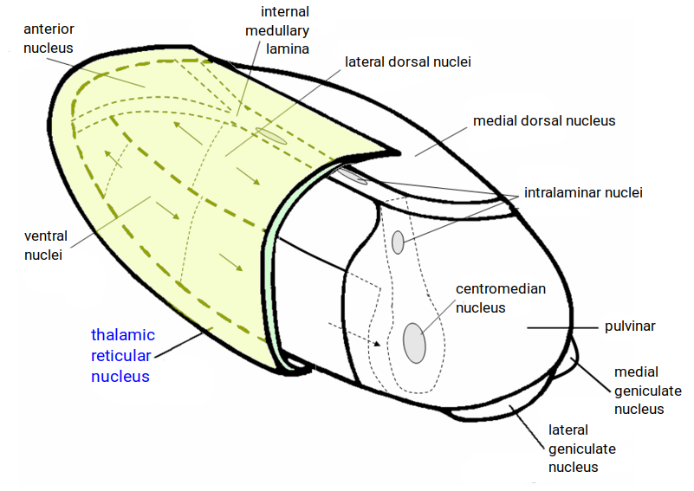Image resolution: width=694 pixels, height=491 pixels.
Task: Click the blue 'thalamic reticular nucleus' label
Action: coord(123,355)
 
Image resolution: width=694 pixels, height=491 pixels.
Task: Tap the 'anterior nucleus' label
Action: coord(49,38)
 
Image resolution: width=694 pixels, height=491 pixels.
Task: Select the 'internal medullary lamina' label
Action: coord(277,30)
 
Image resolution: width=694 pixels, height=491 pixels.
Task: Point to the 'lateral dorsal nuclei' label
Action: coord(407,62)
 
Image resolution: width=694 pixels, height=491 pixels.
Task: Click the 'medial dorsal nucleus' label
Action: coord(544,120)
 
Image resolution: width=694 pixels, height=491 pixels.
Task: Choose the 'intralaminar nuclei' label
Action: coord(583,193)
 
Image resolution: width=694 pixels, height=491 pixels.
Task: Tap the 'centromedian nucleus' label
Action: coord(500,298)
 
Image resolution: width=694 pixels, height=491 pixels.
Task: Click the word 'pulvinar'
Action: coord(630,326)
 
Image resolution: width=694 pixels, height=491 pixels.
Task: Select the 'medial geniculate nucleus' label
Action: coord(647,391)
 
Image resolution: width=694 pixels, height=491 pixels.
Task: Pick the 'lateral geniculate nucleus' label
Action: coord(581,449)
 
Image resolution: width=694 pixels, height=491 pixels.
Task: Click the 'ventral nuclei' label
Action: coord(46,245)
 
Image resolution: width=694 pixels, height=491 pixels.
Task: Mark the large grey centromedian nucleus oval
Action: coord(414,343)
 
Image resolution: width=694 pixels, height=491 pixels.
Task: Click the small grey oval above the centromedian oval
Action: coord(398,242)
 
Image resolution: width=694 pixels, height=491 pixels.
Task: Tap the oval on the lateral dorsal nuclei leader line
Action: coord(271,136)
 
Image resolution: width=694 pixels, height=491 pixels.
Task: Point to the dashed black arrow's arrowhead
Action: coord(377,343)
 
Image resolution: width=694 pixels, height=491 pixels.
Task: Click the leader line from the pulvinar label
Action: coord(562,328)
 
